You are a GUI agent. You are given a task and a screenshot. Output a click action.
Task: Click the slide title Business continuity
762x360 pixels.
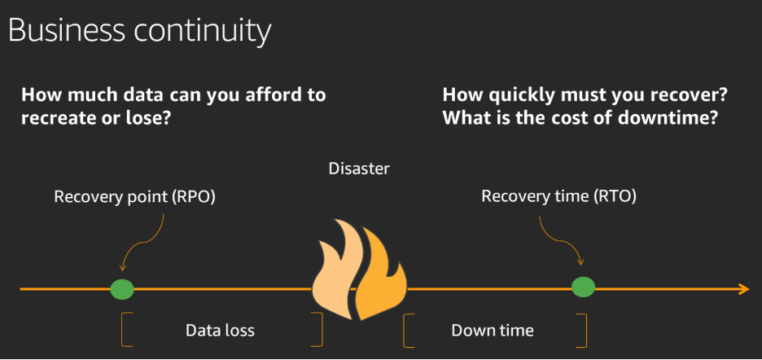pyautogui.click(x=139, y=30)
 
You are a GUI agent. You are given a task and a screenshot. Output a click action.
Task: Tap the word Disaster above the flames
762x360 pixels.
pyautogui.click(x=359, y=169)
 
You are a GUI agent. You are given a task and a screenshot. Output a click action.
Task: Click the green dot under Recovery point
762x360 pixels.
pyautogui.click(x=122, y=288)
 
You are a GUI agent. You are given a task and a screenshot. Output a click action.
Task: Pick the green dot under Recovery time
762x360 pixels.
pyautogui.click(x=583, y=287)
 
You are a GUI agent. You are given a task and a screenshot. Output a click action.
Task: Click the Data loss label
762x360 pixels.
pyautogui.click(x=220, y=330)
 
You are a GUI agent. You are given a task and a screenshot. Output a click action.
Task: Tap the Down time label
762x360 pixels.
pyautogui.click(x=493, y=330)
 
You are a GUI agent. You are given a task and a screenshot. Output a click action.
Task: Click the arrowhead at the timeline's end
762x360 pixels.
pyautogui.click(x=743, y=288)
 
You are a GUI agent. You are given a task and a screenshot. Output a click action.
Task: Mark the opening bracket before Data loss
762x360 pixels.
pyautogui.click(x=125, y=329)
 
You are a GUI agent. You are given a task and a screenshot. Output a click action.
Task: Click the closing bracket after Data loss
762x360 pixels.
pyautogui.click(x=319, y=329)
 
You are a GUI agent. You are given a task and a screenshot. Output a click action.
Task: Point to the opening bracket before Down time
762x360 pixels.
pyautogui.click(x=407, y=329)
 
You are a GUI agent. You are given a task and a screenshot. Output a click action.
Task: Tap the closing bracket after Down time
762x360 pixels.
pyautogui.click(x=583, y=329)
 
